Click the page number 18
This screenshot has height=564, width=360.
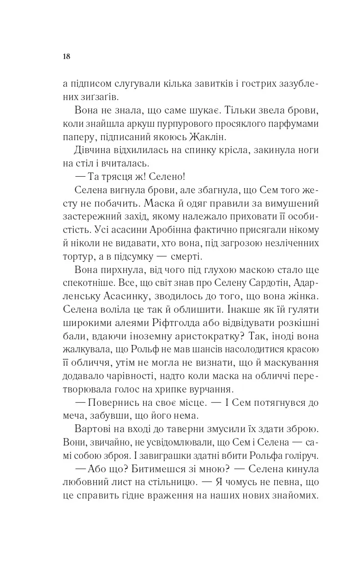pyautogui.click(x=66, y=57)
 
